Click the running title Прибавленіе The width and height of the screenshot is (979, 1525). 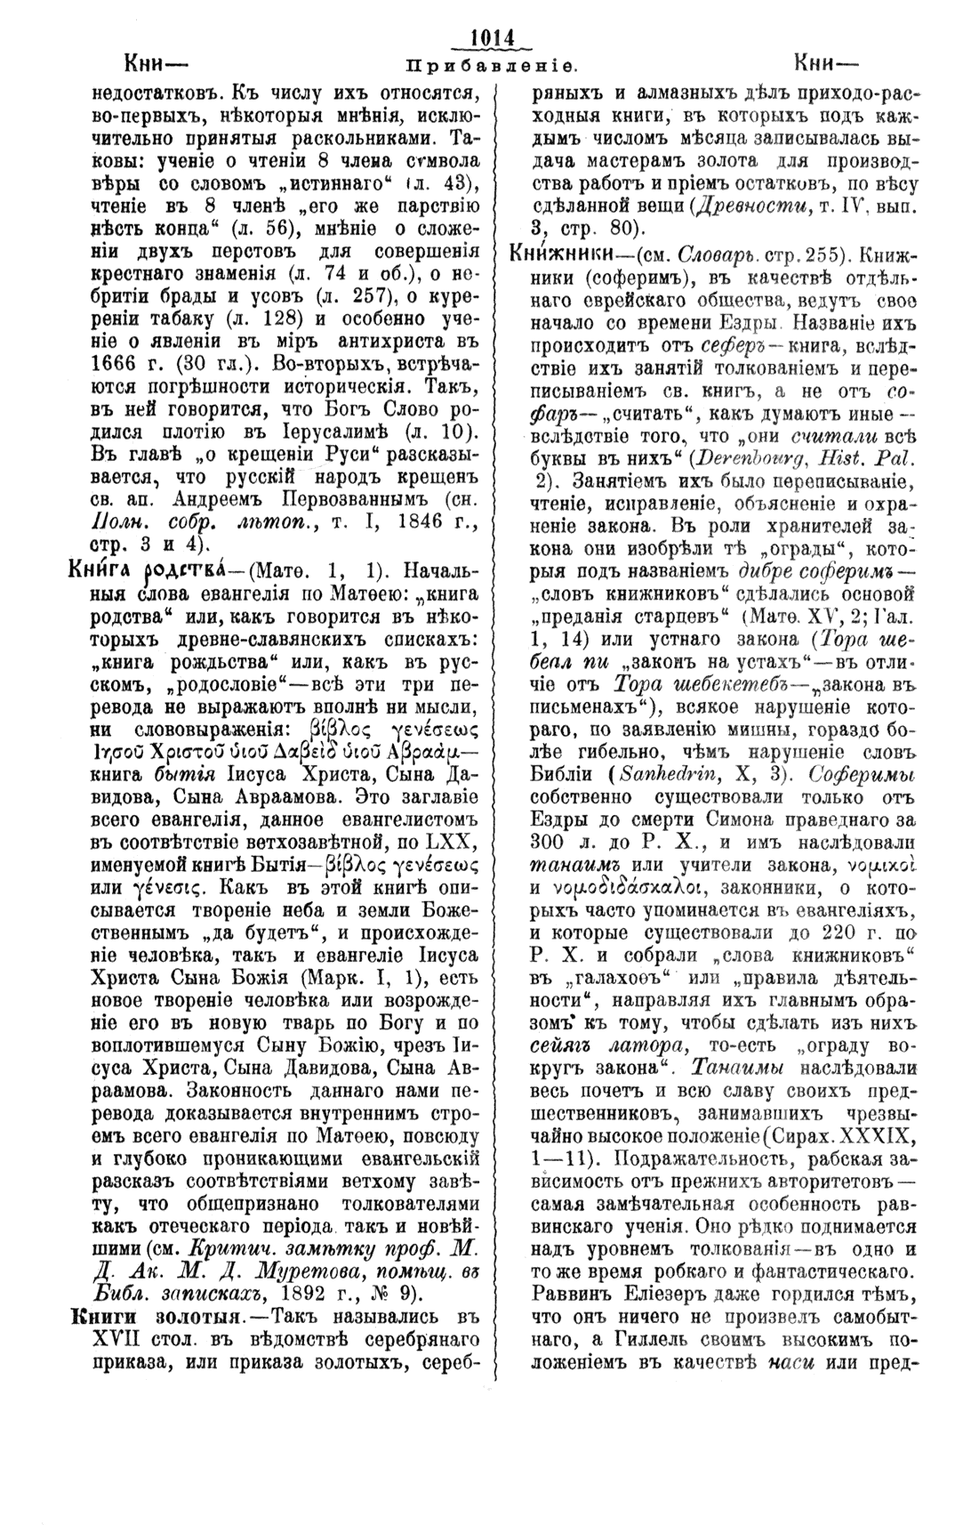click(x=492, y=66)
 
